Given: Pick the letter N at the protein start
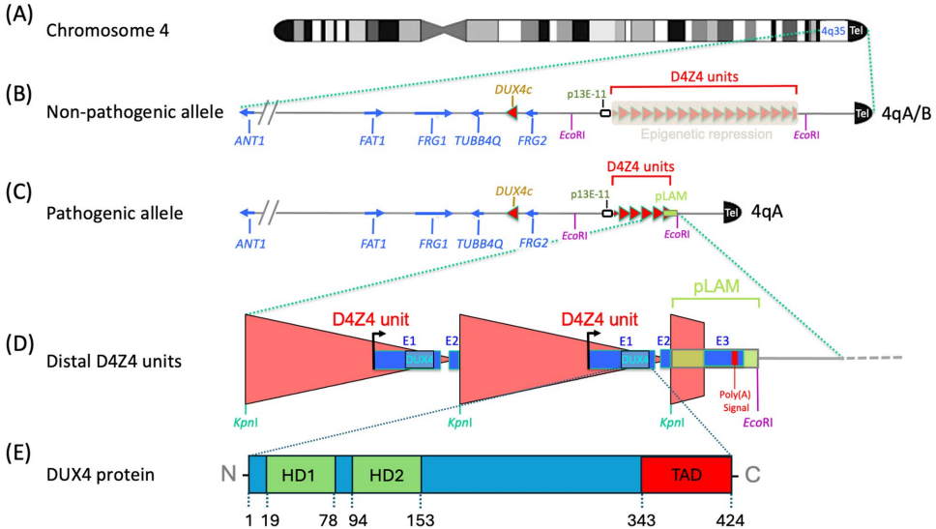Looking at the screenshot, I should (x=228, y=474).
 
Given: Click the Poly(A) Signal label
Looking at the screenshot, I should (x=735, y=399).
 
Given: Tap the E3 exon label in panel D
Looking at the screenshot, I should (x=721, y=340).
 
